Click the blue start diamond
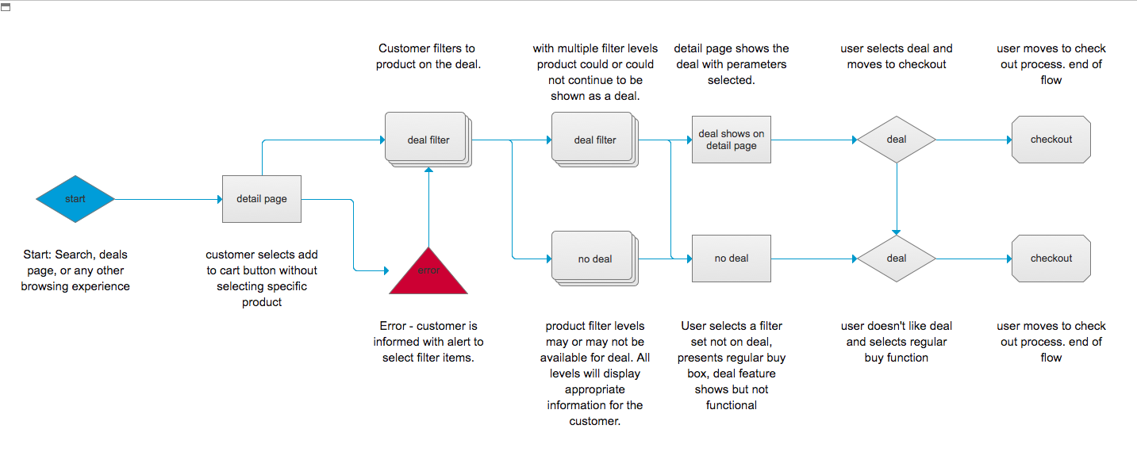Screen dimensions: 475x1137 point(75,198)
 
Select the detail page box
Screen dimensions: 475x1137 point(262,198)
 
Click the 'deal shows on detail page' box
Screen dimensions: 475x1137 point(731,140)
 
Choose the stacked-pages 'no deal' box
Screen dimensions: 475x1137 point(593,258)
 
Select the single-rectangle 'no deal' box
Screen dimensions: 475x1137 point(731,258)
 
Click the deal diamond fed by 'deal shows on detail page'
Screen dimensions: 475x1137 point(896,140)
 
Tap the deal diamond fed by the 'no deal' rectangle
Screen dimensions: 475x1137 point(896,258)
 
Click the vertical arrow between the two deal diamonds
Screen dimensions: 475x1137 point(897,198)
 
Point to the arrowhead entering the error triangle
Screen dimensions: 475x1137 point(385,270)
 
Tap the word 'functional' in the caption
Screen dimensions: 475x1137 point(731,405)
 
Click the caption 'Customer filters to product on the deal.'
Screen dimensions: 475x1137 point(428,56)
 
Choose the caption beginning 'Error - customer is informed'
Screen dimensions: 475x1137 point(428,342)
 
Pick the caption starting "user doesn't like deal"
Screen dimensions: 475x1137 point(896,342)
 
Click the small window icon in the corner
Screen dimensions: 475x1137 point(6,7)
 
